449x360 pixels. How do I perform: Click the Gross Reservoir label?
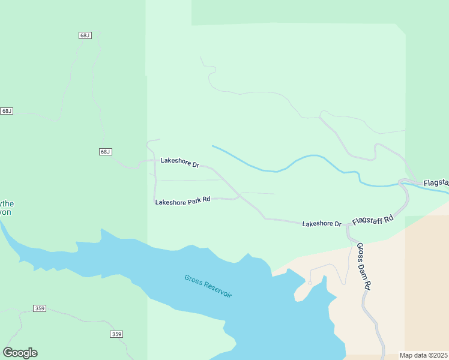208,286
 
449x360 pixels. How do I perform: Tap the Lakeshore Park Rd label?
182,201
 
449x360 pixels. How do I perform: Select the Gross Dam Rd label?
364,266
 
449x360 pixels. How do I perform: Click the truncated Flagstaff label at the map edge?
436,182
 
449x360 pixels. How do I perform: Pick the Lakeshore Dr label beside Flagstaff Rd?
321,224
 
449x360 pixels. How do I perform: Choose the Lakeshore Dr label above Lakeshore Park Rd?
179,161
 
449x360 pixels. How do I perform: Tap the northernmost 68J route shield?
85,35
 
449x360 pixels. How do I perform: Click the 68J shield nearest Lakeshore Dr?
106,152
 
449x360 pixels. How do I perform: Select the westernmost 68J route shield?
7,111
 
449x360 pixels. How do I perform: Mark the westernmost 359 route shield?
39,308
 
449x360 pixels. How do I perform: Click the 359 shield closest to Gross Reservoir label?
116,334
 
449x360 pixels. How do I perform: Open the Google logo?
20,353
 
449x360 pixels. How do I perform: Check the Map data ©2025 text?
424,355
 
